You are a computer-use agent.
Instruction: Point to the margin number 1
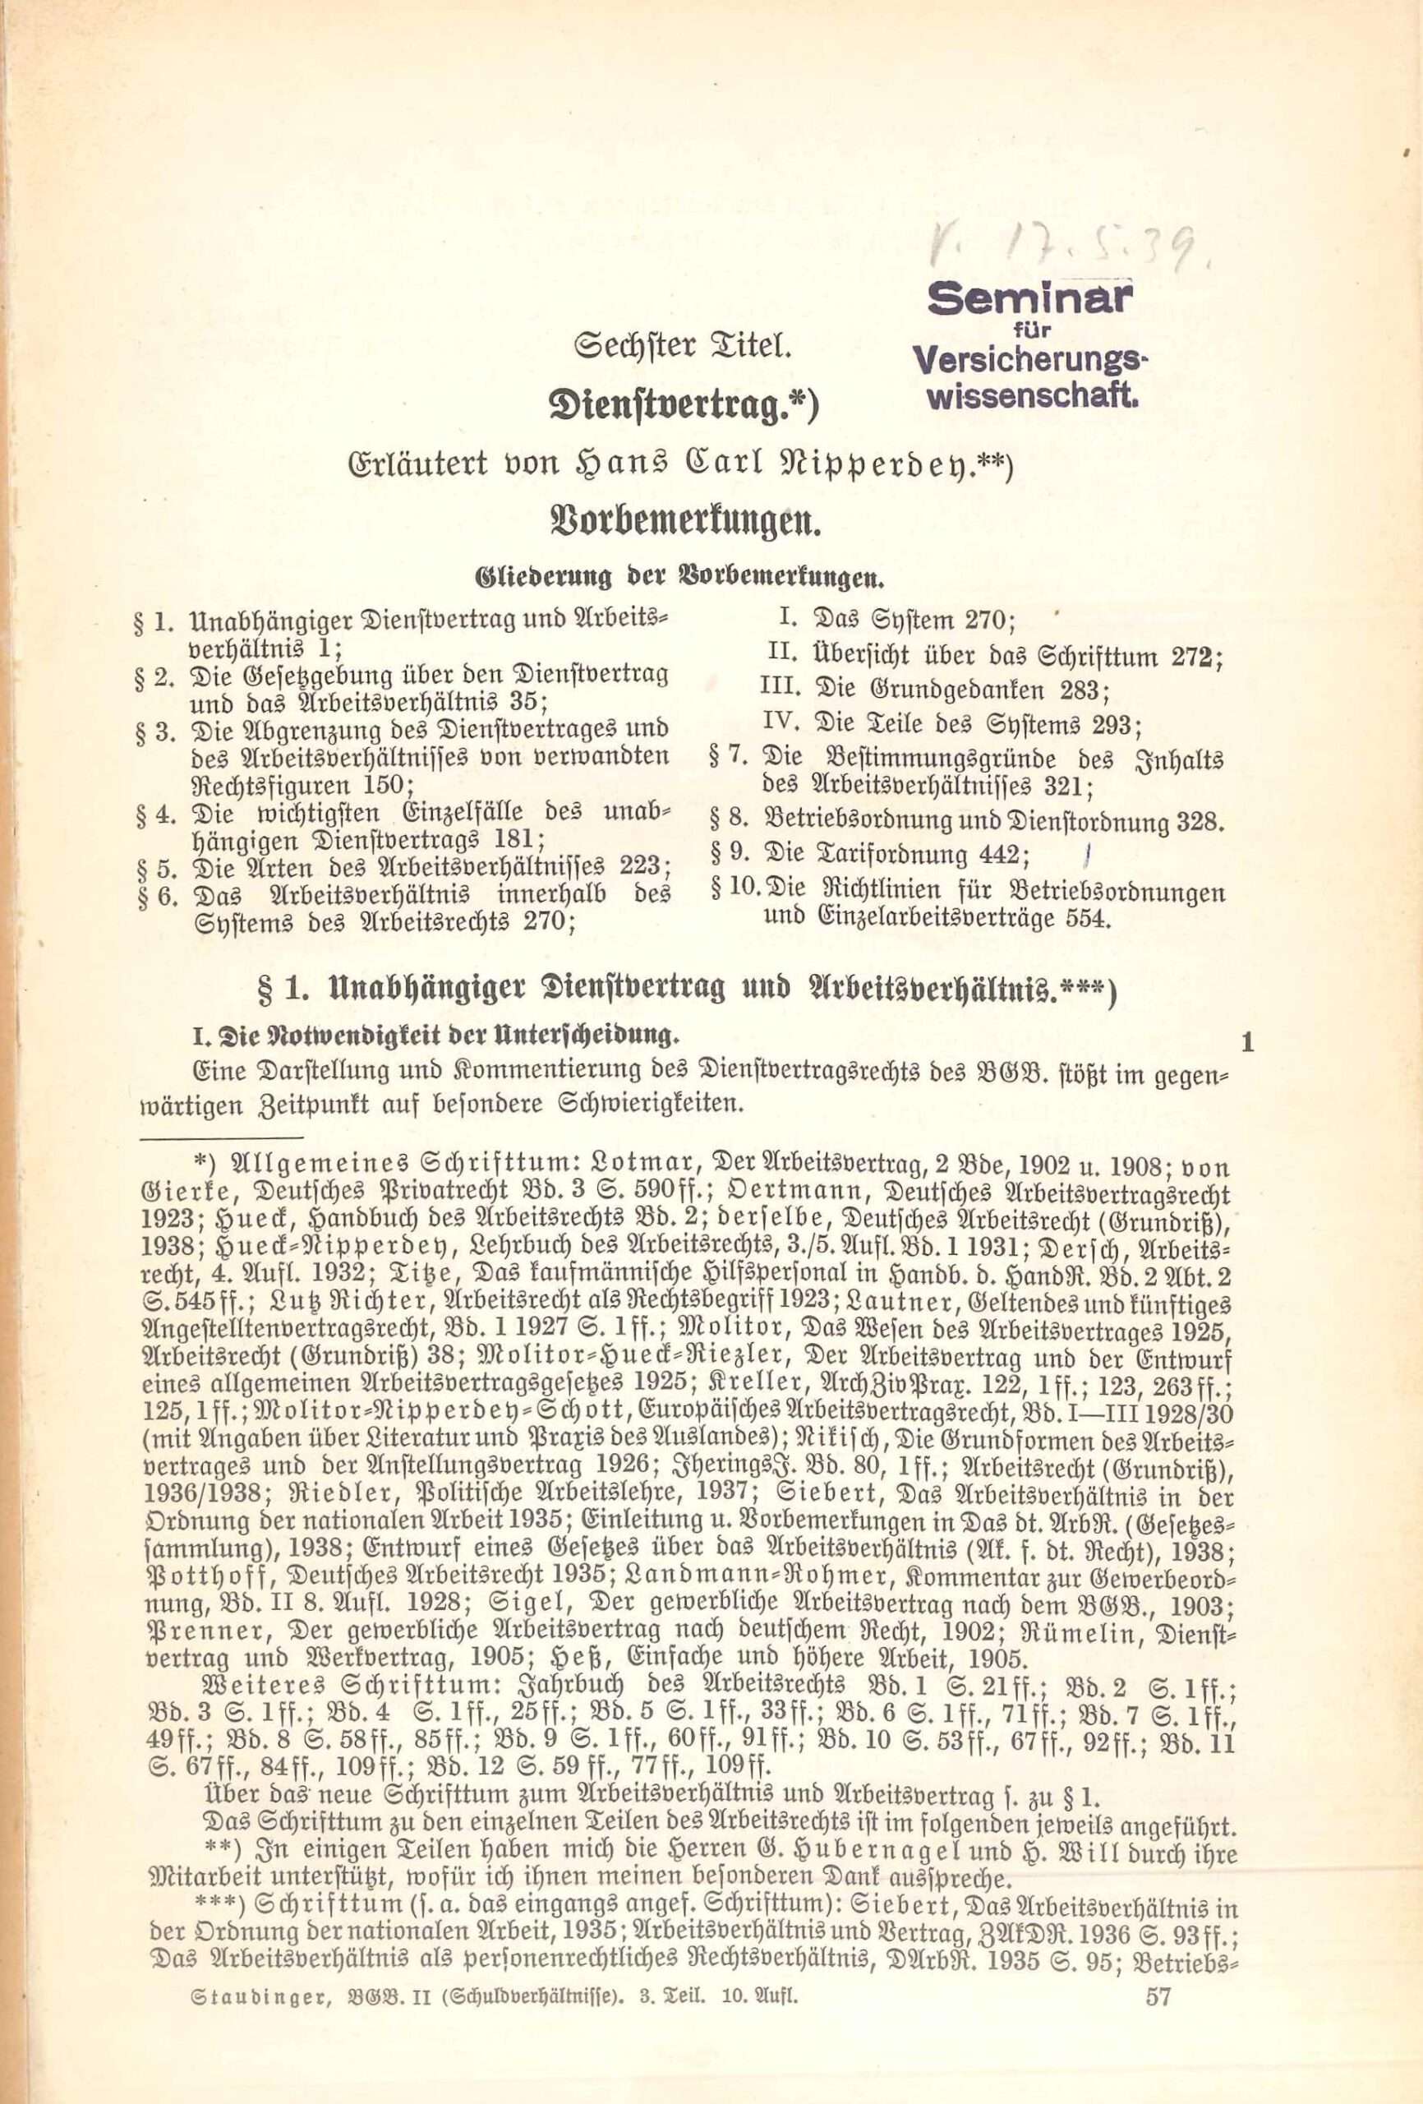[x=1247, y=1042]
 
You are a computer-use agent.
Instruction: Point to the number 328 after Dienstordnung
[x=1200, y=821]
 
